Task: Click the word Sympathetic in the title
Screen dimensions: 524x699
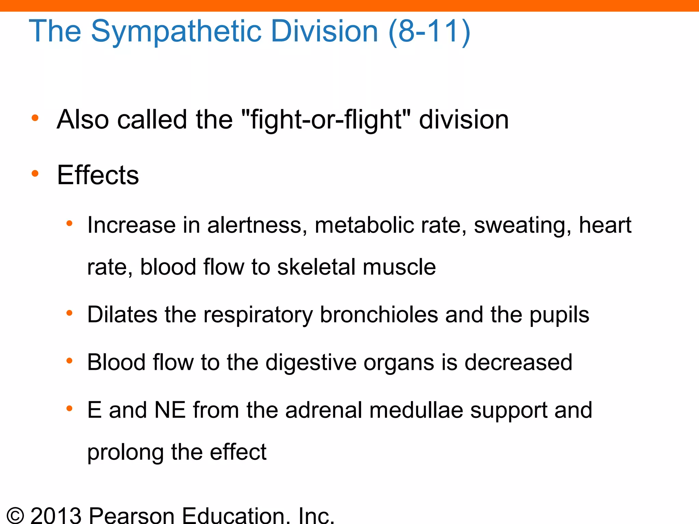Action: tap(176, 31)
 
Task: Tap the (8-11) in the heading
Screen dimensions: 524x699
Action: tap(429, 31)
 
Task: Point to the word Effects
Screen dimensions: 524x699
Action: tap(98, 175)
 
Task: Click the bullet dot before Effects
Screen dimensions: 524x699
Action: tap(35, 174)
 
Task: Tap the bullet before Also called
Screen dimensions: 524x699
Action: tap(35, 118)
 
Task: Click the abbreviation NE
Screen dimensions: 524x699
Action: tap(170, 410)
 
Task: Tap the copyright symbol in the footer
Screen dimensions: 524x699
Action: tap(15, 515)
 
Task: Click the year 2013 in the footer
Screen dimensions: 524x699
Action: tap(56, 515)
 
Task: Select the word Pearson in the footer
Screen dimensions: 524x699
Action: tap(132, 515)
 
